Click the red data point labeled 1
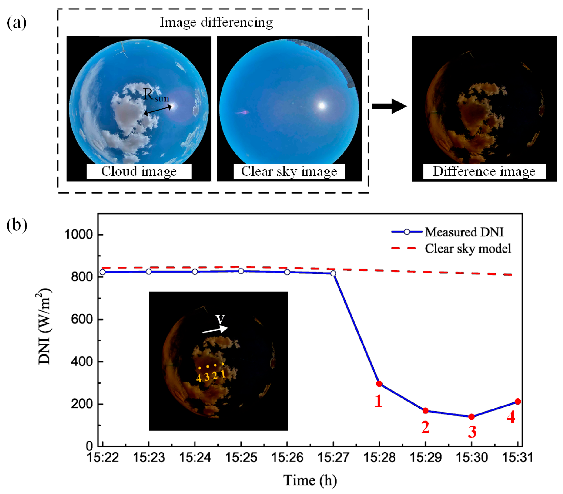click(x=379, y=384)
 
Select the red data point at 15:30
click(x=471, y=417)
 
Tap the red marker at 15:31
click(x=517, y=402)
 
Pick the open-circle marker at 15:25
click(x=241, y=271)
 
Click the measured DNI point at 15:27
click(x=333, y=273)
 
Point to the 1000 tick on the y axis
click(x=78, y=235)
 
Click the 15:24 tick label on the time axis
click(x=195, y=458)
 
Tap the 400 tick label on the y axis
click(x=82, y=361)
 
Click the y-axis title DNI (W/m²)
click(x=44, y=327)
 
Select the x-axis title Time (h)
click(x=310, y=481)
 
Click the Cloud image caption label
click(x=139, y=171)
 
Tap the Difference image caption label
click(x=484, y=171)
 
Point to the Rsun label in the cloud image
click(x=156, y=96)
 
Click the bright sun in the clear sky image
click(x=322, y=105)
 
